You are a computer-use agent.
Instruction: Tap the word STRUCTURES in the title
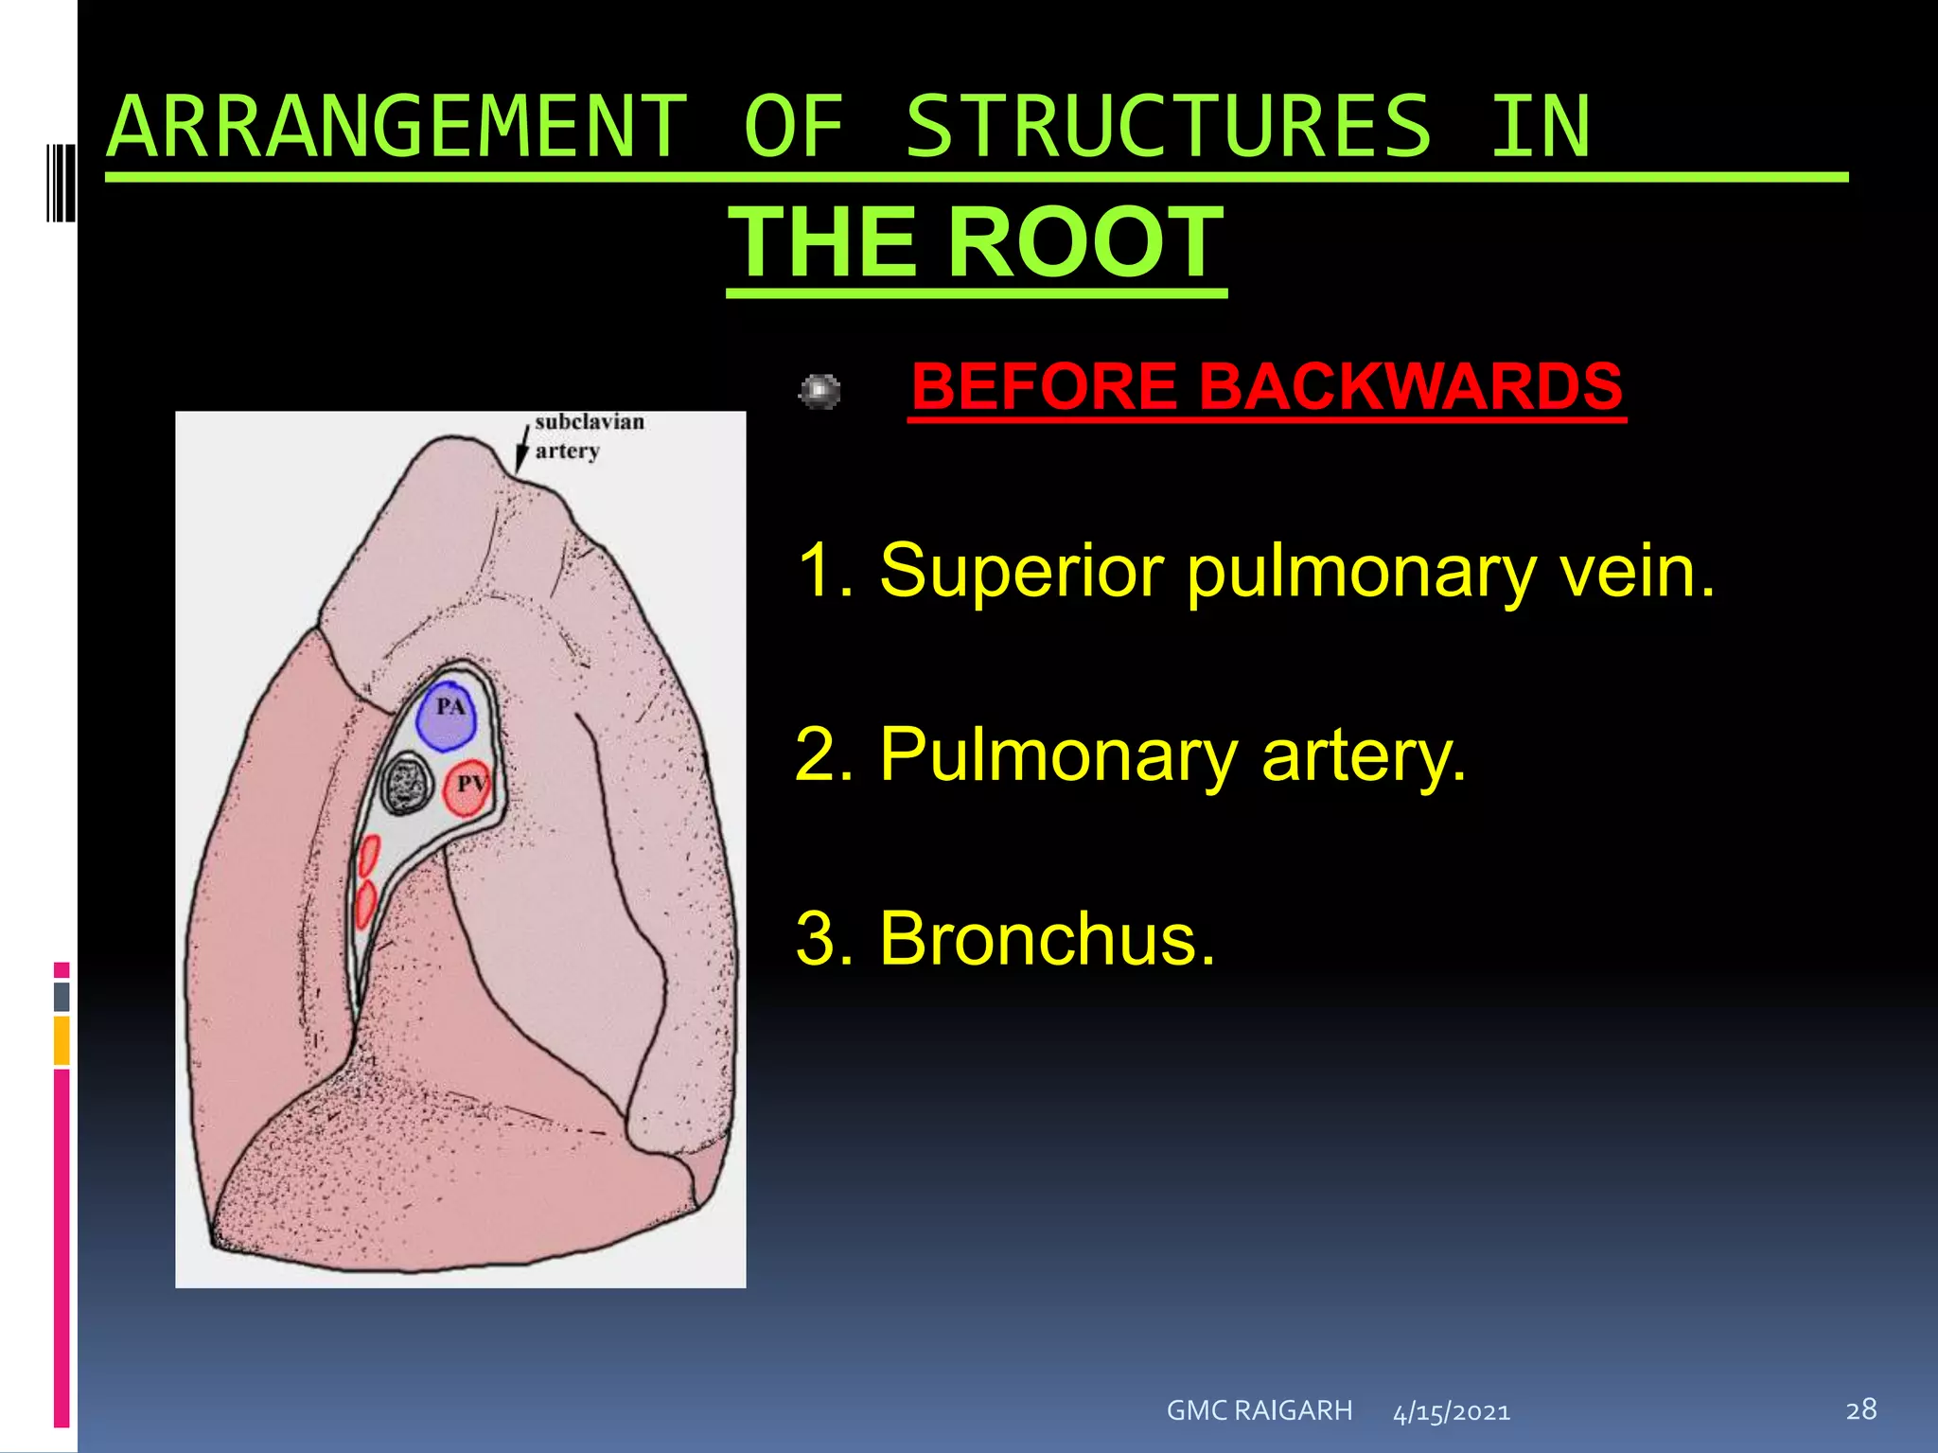point(1169,127)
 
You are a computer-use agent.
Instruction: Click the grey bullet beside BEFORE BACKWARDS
point(819,391)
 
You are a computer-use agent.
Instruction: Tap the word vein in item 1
point(1636,571)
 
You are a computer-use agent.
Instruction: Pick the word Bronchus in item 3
point(1047,938)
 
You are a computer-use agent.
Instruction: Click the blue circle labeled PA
point(446,716)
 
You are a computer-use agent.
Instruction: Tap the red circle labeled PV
point(467,788)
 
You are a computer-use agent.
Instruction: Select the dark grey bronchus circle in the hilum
point(407,784)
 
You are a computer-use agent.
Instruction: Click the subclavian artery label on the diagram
point(589,435)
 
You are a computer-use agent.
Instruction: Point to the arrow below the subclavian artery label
point(521,448)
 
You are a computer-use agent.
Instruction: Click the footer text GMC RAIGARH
point(1259,1410)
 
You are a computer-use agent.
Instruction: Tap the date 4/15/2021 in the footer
point(1452,1412)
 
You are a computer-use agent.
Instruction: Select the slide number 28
point(1860,1409)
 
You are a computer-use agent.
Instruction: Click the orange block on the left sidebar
point(62,1040)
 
